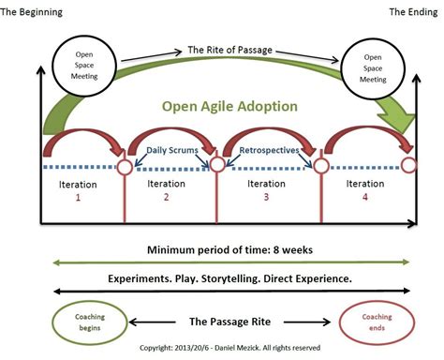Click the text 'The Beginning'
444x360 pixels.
[x=37, y=11]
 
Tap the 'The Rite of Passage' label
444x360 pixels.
[x=228, y=52]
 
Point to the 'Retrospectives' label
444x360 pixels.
[x=269, y=149]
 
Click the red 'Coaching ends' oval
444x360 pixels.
[x=377, y=322]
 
